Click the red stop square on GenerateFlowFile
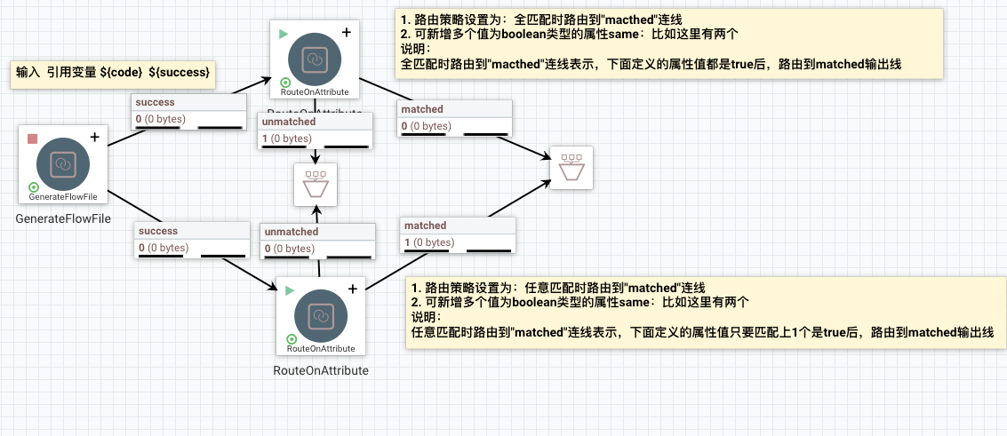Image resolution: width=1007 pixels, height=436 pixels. [33, 138]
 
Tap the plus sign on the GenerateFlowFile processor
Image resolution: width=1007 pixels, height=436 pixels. [94, 137]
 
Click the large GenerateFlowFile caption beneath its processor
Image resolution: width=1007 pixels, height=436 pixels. [63, 218]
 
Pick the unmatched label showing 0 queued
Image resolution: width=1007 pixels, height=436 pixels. [291, 232]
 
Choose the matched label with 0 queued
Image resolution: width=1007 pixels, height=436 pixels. [422, 109]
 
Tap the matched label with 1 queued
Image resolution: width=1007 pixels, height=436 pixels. [424, 226]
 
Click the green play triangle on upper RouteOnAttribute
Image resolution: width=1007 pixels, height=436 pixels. [284, 34]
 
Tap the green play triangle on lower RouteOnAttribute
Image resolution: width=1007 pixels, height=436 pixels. [290, 289]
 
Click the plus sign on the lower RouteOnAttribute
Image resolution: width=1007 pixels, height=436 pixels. [352, 289]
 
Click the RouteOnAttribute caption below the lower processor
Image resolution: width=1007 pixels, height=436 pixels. [320, 370]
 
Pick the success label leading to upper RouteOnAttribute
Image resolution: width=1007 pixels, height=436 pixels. [156, 103]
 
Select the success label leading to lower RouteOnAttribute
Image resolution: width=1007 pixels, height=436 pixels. [158, 232]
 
